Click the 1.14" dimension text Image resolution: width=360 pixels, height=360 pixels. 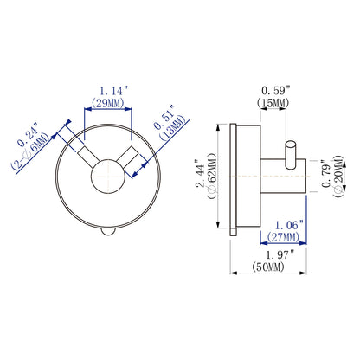pos(113,91)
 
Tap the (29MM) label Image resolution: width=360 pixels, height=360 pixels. pos(108,103)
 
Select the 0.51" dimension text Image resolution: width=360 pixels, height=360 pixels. pos(164,118)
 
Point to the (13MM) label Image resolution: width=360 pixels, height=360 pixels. pos(172,128)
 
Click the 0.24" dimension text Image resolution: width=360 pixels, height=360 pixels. pos(28,135)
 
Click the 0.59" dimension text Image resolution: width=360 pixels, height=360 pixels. pos(275,91)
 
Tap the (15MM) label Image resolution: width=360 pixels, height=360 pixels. pos(273,103)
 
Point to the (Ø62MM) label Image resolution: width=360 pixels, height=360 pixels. pos(211,176)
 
